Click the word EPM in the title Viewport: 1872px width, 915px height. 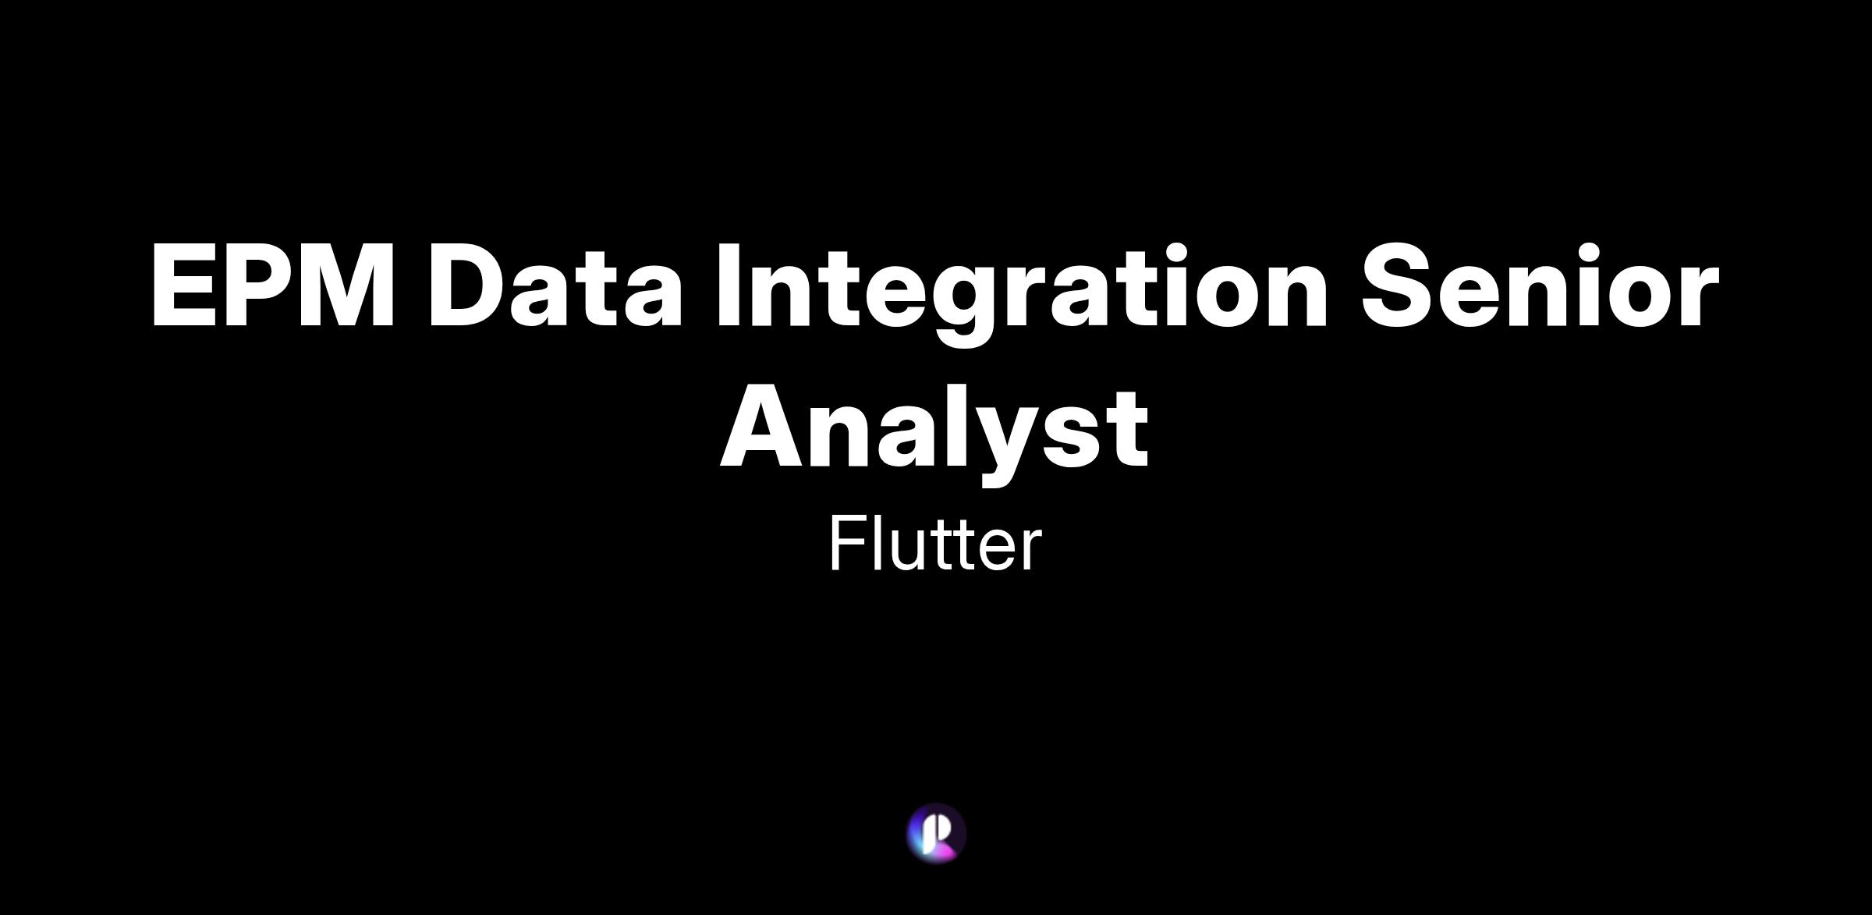coord(274,285)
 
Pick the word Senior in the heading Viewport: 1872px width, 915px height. coord(1540,284)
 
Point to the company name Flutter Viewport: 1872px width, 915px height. coord(934,544)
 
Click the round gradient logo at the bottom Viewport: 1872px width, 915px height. coord(936,833)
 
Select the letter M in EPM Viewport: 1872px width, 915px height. coord(348,285)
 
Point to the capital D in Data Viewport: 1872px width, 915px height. coord(466,285)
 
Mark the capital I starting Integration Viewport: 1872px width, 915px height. coord(729,285)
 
